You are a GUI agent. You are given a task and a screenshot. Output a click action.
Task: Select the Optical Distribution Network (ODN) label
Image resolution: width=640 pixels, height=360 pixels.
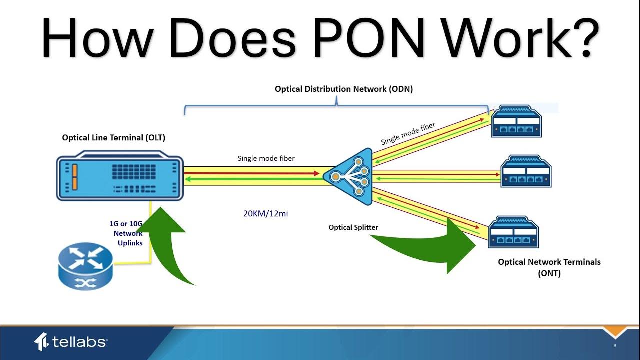(x=344, y=89)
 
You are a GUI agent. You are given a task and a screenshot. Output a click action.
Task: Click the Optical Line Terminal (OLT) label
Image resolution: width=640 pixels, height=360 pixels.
(x=113, y=137)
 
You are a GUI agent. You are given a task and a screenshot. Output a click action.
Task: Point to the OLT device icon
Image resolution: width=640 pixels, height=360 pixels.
(x=120, y=178)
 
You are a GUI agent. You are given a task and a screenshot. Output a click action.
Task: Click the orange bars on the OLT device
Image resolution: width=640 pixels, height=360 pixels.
(x=74, y=177)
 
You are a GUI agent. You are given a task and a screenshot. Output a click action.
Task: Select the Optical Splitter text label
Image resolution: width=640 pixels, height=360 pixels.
(x=353, y=227)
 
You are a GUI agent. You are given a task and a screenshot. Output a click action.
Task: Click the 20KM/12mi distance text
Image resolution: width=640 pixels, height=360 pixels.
(x=265, y=214)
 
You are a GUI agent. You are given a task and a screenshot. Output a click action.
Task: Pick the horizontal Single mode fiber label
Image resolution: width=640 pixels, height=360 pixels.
(x=266, y=158)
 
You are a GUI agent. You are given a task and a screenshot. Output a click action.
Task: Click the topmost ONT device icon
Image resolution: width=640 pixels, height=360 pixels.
(x=516, y=121)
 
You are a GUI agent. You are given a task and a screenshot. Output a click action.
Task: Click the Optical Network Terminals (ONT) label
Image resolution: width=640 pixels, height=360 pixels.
(x=549, y=267)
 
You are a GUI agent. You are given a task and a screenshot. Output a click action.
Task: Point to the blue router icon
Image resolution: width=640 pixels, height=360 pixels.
(x=85, y=266)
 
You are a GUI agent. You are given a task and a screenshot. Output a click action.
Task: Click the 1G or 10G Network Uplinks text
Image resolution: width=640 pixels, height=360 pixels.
(x=126, y=233)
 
